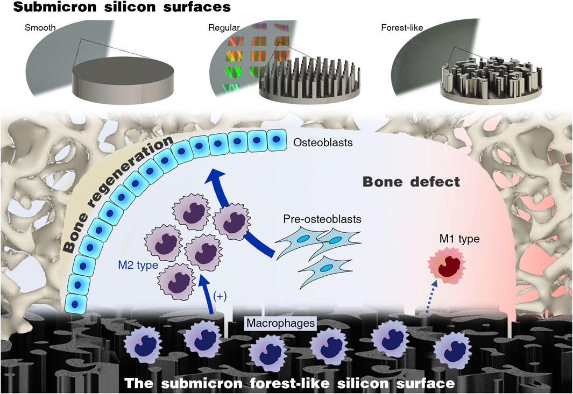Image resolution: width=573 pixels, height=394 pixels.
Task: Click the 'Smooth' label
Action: click(x=37, y=26)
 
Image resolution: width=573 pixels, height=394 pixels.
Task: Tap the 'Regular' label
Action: click(x=220, y=26)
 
